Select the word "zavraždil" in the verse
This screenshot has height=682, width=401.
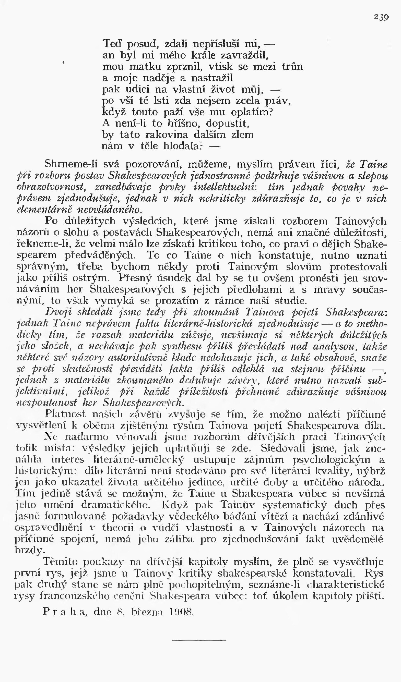pyautogui.click(x=244, y=55)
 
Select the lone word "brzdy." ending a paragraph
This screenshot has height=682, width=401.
pyautogui.click(x=30, y=551)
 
